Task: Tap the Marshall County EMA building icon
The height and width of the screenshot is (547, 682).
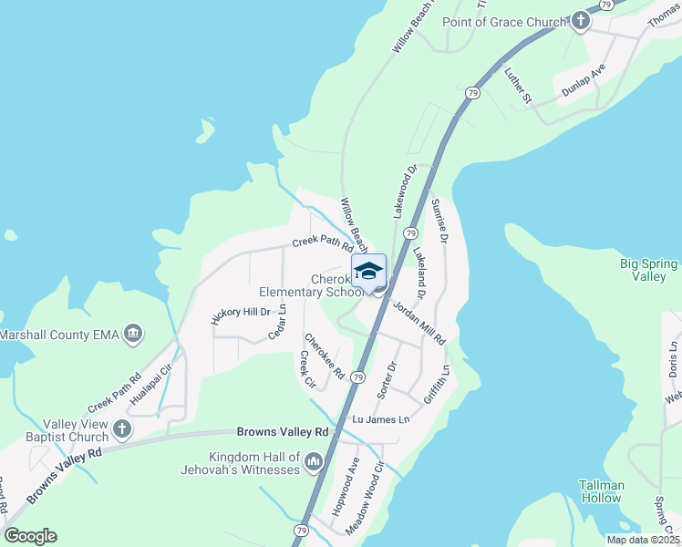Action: pyautogui.click(x=134, y=335)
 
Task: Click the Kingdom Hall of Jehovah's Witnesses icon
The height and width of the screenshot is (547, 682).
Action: pyautogui.click(x=315, y=462)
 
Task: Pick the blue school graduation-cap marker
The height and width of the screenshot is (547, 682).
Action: pyautogui.click(x=369, y=273)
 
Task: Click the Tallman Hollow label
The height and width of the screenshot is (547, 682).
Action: pyautogui.click(x=601, y=491)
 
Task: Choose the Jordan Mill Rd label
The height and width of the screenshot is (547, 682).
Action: pyautogui.click(x=419, y=324)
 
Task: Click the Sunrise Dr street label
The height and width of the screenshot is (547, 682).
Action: pyautogui.click(x=439, y=220)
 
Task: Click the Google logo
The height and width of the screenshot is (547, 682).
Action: pyautogui.click(x=30, y=536)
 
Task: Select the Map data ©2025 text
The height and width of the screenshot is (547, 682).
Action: pyautogui.click(x=643, y=540)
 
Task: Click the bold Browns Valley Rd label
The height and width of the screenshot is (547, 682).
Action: pyautogui.click(x=282, y=431)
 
